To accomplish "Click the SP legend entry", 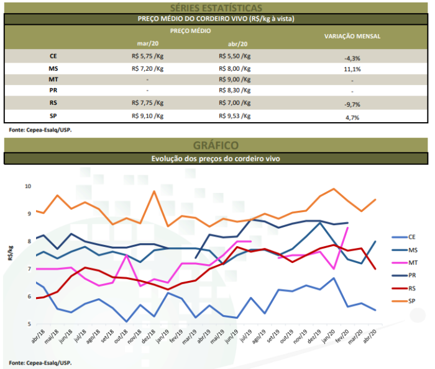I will (x=412, y=300).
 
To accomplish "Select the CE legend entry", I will (x=412, y=236).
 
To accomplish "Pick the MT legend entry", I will (x=412, y=262).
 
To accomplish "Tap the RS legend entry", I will (x=412, y=288).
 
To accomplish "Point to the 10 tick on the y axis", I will (x=27, y=186).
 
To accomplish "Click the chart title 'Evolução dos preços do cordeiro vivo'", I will (x=216, y=159).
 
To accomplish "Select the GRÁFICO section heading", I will (x=216, y=145).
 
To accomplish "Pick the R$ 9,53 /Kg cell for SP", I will (x=235, y=115).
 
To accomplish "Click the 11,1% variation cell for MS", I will (x=352, y=69).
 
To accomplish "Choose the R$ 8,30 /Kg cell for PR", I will (x=235, y=91).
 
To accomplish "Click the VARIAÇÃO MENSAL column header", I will (x=352, y=37).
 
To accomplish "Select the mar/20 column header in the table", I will (x=147, y=43).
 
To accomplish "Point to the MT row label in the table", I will (x=53, y=79).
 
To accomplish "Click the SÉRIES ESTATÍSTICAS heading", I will (x=216, y=7).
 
